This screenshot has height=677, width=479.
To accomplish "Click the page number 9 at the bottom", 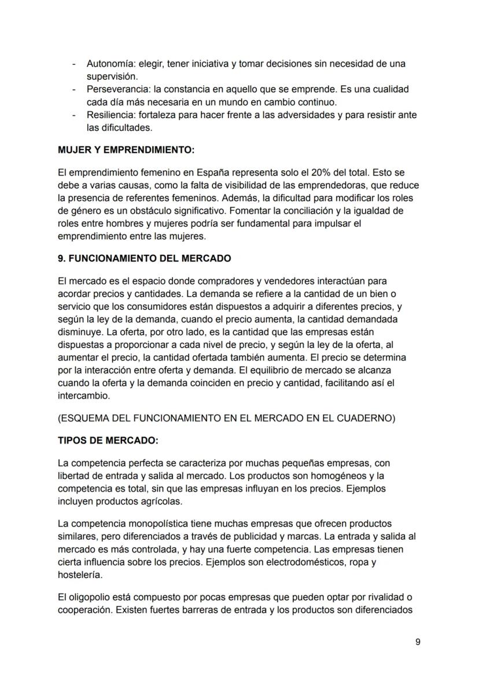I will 418,642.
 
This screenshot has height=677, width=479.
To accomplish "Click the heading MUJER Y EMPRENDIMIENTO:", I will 126,150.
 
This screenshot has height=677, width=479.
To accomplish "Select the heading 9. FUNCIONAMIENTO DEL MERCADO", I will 144,259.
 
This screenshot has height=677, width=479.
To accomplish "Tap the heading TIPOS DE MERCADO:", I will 108,440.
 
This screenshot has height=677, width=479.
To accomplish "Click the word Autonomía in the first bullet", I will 107,64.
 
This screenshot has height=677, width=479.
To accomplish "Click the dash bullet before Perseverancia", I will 73,90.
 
